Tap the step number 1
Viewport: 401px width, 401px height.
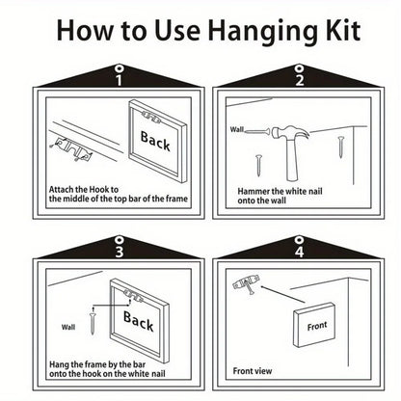click(x=119, y=80)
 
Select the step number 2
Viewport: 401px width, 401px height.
click(x=300, y=80)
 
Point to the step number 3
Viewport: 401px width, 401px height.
click(x=120, y=252)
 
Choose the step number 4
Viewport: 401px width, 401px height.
click(x=300, y=252)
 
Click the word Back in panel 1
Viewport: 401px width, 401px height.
click(x=155, y=141)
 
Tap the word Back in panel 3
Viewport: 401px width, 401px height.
click(x=139, y=321)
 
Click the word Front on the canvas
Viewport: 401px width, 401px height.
click(x=317, y=326)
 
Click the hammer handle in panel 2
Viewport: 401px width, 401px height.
click(x=293, y=160)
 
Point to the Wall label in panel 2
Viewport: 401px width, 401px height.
click(x=237, y=129)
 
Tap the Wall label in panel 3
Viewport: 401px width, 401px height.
click(x=68, y=327)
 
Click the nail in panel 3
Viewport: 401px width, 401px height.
click(x=93, y=320)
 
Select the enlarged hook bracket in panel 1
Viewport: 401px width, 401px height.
click(x=71, y=148)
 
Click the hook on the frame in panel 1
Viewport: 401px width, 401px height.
click(x=150, y=118)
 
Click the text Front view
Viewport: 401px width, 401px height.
click(x=253, y=371)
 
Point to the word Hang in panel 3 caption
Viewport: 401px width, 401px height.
click(x=59, y=365)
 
